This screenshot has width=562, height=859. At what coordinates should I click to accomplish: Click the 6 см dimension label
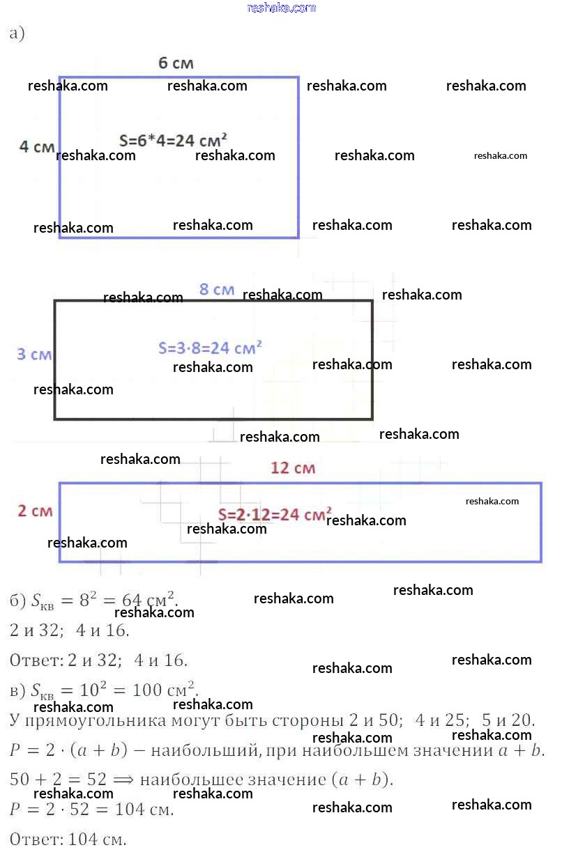click(176, 63)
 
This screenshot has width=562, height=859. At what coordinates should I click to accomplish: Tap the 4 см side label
click(36, 147)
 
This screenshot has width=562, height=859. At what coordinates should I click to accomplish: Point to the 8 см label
click(216, 289)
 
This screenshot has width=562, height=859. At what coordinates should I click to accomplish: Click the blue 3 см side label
click(34, 354)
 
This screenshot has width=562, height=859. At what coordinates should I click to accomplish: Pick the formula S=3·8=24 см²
click(210, 347)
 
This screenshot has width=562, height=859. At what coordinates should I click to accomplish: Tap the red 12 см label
click(292, 468)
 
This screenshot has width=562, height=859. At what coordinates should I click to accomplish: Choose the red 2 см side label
click(35, 511)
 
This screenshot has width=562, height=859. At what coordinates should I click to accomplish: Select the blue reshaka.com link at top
click(282, 8)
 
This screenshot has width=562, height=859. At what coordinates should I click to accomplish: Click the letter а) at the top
click(17, 33)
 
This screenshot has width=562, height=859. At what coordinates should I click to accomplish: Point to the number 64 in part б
click(132, 600)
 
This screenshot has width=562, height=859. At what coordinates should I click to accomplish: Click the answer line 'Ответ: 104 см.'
click(68, 839)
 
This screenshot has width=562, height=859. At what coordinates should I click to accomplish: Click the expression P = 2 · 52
click(56, 810)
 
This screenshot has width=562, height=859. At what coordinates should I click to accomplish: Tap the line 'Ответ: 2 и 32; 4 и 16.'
click(99, 660)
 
